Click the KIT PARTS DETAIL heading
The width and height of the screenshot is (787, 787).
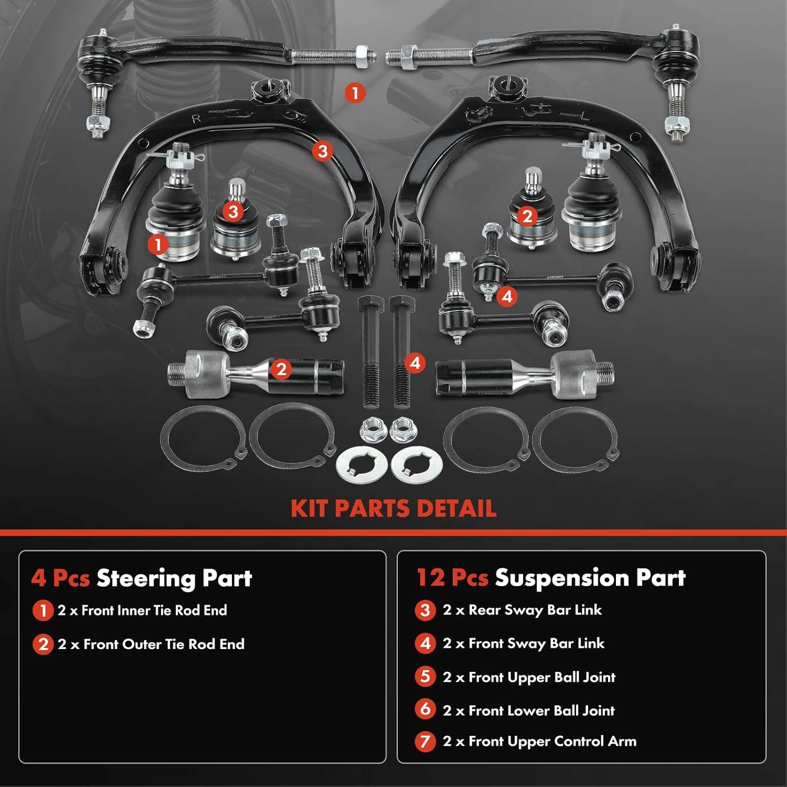click(393, 508)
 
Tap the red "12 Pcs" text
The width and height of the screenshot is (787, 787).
click(452, 578)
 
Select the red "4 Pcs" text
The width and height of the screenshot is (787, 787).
click(60, 578)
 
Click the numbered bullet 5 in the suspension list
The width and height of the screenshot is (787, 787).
click(426, 676)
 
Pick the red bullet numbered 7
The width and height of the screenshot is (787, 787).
click(426, 742)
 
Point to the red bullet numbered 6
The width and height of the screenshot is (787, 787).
click(426, 709)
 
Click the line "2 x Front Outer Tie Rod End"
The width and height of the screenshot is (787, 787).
click(151, 644)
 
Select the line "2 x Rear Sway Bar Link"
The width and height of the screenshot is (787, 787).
click(522, 610)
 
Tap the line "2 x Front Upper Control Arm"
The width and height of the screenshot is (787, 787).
click(539, 741)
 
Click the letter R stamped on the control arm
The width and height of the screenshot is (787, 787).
click(196, 119)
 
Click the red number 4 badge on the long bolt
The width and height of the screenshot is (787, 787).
click(415, 363)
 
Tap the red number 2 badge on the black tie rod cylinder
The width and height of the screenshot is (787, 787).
click(281, 369)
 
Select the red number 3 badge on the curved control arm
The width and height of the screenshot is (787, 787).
click(323, 151)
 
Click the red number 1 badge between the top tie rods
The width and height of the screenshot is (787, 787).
click(355, 93)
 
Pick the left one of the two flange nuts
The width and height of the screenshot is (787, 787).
click(371, 430)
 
